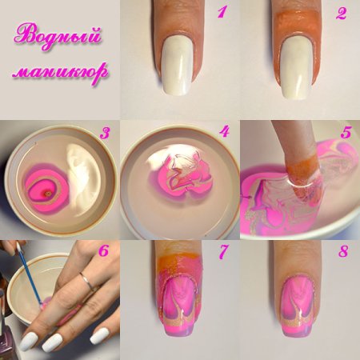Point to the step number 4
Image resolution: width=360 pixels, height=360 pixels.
(x=225, y=132)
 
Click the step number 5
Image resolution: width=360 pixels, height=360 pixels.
(x=346, y=132)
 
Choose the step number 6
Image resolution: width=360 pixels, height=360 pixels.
(x=105, y=251)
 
